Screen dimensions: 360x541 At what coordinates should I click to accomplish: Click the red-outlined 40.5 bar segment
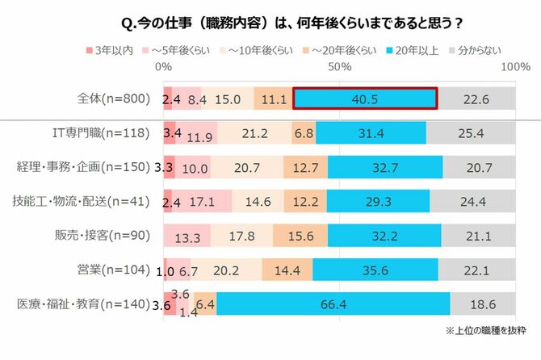365,98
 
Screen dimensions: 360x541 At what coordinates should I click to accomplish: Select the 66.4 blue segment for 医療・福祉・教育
333,304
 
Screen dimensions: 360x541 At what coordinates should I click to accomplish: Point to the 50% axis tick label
340,68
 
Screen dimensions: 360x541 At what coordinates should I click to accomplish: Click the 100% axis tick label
514,68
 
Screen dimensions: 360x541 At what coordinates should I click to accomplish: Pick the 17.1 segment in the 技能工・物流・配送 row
202,202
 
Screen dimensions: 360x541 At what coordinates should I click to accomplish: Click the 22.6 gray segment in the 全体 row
476,98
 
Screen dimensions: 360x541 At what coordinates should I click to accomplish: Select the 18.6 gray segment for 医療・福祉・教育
483,304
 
